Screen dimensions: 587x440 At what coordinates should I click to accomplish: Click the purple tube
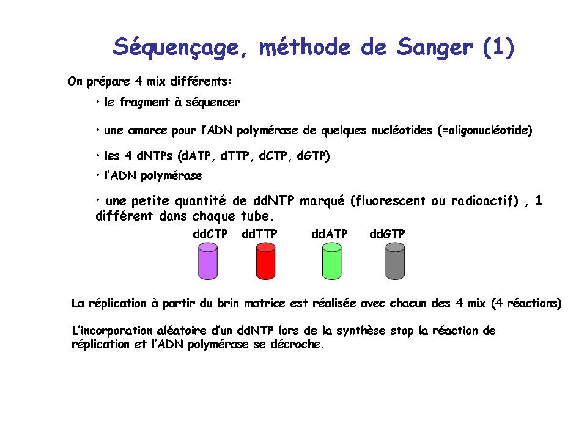click(x=208, y=261)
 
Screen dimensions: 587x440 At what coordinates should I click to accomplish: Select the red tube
click(x=266, y=261)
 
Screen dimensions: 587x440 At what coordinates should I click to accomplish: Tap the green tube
click(x=331, y=261)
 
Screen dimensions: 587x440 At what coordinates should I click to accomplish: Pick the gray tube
click(x=395, y=261)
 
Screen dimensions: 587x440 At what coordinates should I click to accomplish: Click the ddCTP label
click(x=210, y=234)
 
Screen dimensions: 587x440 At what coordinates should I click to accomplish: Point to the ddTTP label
click(x=259, y=234)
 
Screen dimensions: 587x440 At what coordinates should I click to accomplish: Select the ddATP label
click(x=330, y=234)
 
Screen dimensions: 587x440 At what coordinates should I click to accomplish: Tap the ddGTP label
click(x=388, y=234)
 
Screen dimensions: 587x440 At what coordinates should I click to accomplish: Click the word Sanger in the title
click(x=435, y=48)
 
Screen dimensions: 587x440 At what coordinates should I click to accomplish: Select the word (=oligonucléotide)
click(x=485, y=130)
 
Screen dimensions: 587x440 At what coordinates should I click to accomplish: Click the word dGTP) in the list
click(x=313, y=156)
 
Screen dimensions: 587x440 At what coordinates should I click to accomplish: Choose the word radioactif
click(x=485, y=201)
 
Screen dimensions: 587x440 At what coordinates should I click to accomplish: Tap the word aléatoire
click(x=182, y=331)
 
